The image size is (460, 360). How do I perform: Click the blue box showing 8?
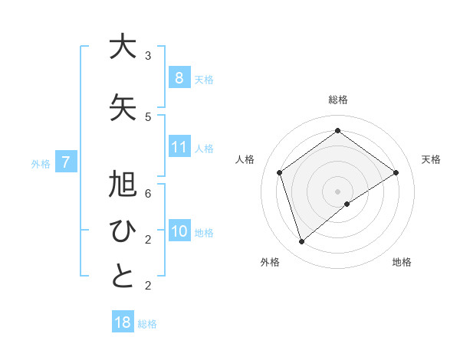(x=179, y=78)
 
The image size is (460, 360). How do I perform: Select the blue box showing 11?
(x=179, y=147)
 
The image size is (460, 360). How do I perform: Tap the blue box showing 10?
(x=179, y=231)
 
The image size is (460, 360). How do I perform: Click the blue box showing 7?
(x=66, y=162)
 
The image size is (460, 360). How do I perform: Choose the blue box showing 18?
(x=123, y=322)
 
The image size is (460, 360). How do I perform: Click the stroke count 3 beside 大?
(x=148, y=56)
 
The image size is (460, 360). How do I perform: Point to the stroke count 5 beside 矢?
(x=148, y=117)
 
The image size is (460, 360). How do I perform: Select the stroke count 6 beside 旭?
(x=148, y=193)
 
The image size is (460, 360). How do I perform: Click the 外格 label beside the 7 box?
(x=40, y=163)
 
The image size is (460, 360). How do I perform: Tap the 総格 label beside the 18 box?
(x=147, y=323)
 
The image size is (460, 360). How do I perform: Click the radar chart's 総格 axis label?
(x=338, y=100)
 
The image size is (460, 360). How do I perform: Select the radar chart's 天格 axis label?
(x=431, y=159)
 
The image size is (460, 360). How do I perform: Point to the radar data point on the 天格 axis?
(x=396, y=172)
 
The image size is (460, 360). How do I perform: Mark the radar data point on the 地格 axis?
(x=347, y=204)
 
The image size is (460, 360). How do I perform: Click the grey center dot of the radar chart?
(x=338, y=191)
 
